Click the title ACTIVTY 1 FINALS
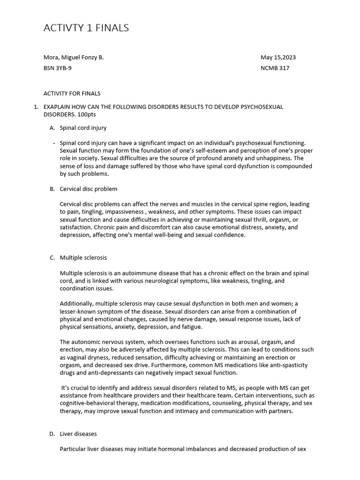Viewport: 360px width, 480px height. pos(86,28)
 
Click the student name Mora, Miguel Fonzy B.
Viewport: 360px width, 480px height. pos(74,58)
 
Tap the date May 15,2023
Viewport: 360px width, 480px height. pos(278,58)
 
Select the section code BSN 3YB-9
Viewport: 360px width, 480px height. pos(58,68)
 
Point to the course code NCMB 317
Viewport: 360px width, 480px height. pos(275,68)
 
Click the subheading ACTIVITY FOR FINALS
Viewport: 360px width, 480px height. pos(72,93)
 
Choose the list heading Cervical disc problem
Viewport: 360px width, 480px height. pos(89,189)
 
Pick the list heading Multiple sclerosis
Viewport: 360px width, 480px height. pos(83,258)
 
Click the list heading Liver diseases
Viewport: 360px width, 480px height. pos(78,434)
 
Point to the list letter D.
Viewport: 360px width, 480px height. pos(52,434)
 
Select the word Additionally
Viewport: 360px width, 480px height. pos(76,304)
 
